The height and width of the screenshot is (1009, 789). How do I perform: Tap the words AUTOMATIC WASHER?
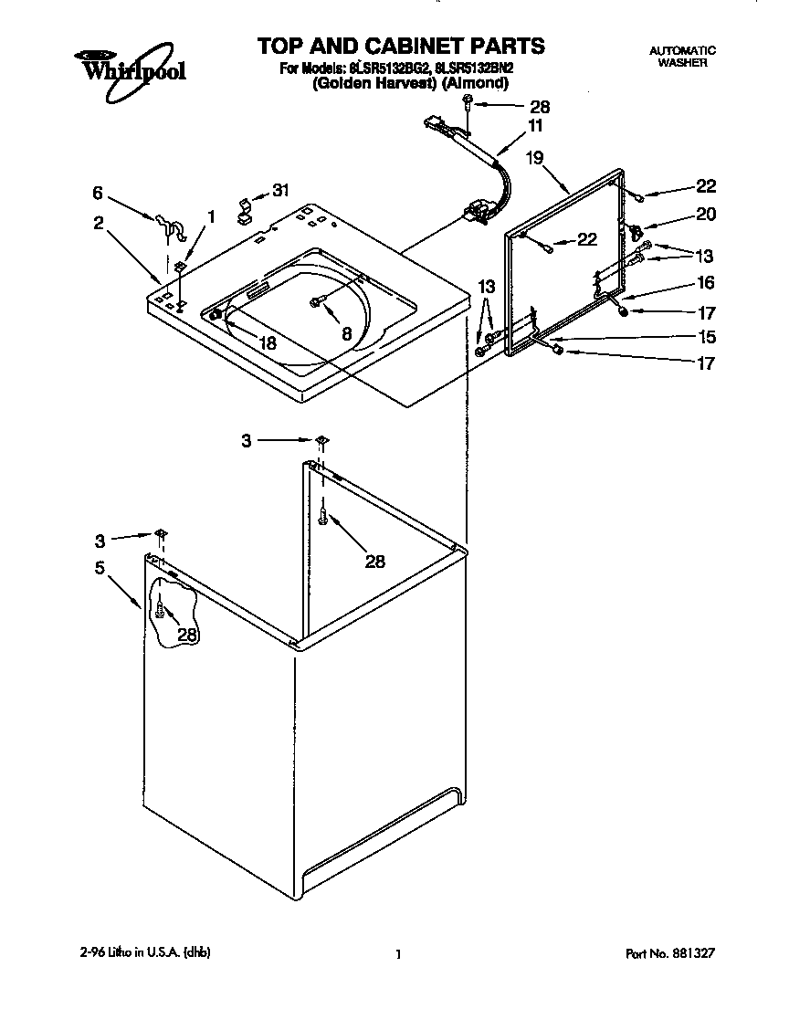(x=682, y=57)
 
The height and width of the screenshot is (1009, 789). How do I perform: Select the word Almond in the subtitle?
(x=474, y=83)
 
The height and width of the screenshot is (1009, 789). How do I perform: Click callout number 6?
(x=98, y=193)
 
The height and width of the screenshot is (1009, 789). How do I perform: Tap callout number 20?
(x=705, y=215)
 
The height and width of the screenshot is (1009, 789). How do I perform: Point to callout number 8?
(x=346, y=334)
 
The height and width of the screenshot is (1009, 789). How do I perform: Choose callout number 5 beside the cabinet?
(x=100, y=566)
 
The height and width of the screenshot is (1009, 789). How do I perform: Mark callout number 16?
(x=705, y=284)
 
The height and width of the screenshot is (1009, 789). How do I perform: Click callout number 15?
(x=705, y=335)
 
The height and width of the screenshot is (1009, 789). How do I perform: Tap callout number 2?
(x=98, y=222)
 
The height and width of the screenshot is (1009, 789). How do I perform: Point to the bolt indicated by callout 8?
(x=317, y=300)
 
